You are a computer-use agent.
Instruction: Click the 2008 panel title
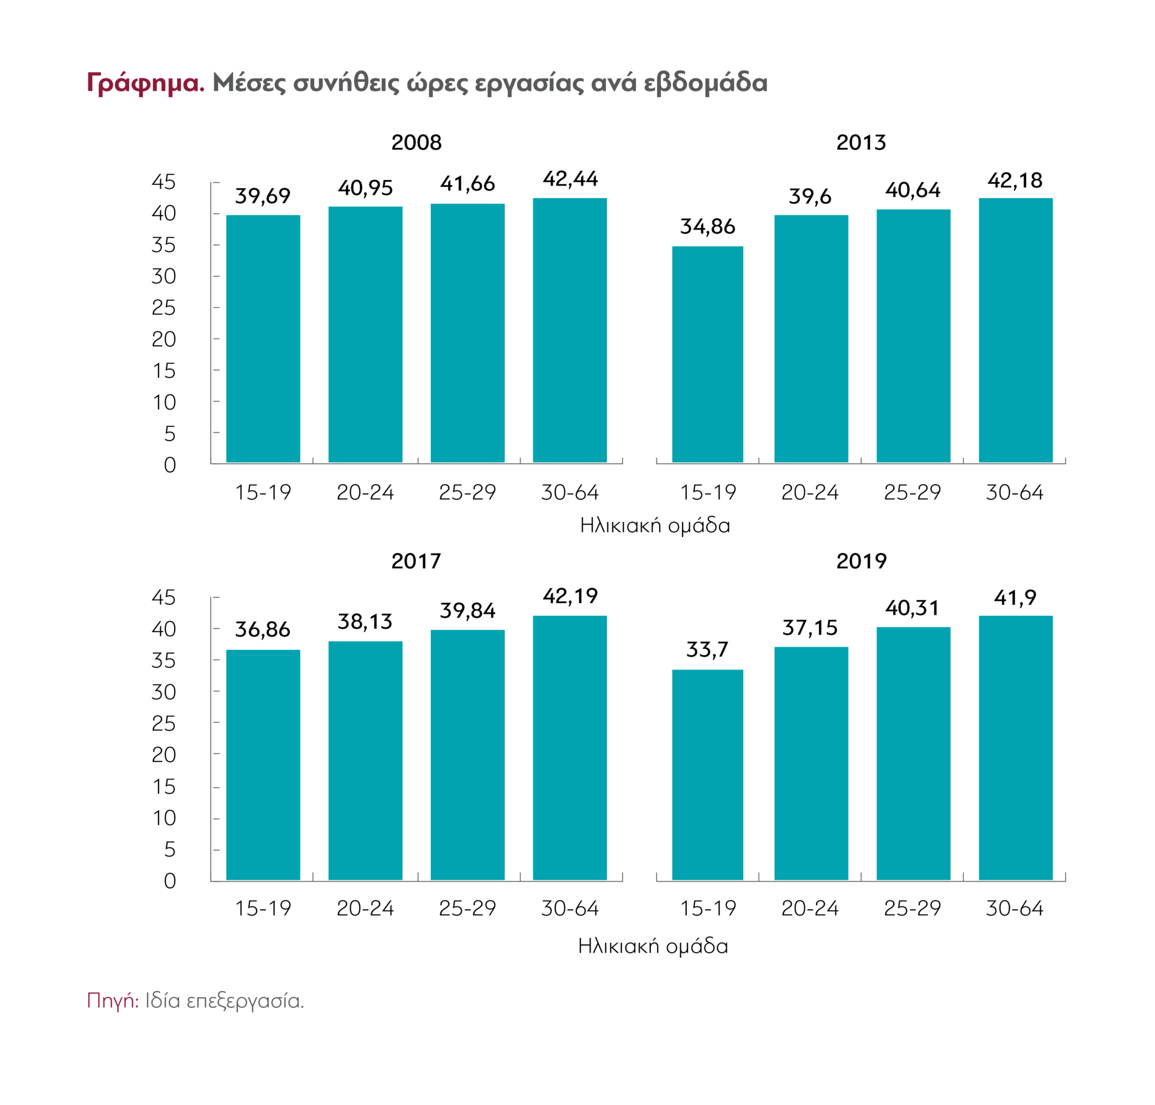[x=416, y=143]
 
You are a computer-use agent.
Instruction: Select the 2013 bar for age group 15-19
[x=707, y=354]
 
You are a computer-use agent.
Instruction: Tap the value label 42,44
[x=570, y=178]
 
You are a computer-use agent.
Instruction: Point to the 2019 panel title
[x=861, y=561]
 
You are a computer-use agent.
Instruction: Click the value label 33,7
[x=707, y=650]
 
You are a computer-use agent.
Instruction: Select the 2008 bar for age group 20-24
[x=365, y=334]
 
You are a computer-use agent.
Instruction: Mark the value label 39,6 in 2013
[x=810, y=196]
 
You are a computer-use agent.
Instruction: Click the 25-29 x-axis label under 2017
[x=467, y=908]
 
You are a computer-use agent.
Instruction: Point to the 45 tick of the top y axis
[x=164, y=182]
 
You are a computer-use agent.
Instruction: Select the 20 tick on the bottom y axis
[x=164, y=755]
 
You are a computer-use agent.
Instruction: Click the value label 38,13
[x=364, y=622]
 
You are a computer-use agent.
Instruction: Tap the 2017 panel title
[x=416, y=561]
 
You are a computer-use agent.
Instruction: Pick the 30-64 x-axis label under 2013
[x=1014, y=492]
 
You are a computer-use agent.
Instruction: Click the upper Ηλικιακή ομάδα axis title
[x=654, y=525]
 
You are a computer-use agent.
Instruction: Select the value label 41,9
[x=1015, y=598]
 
